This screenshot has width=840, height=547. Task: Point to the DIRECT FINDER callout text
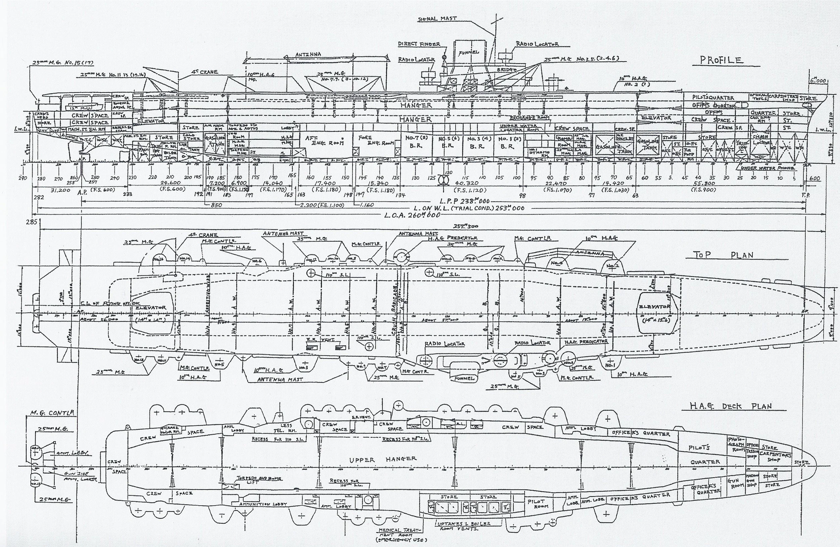[419, 44]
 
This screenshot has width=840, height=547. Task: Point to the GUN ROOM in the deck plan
[736, 483]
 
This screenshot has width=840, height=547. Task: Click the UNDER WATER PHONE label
[768, 168]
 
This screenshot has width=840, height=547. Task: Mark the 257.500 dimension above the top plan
[463, 226]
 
